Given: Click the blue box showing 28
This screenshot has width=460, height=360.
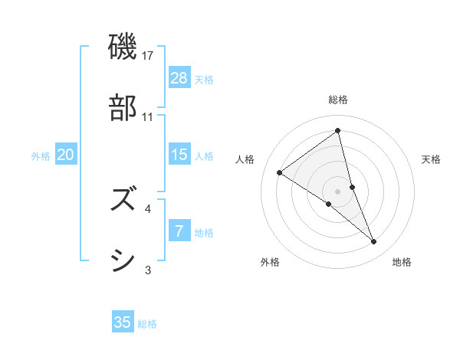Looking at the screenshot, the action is [x=179, y=78].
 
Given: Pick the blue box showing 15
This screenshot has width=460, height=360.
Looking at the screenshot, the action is [x=179, y=155].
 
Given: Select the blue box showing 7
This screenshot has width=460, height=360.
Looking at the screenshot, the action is [x=179, y=231].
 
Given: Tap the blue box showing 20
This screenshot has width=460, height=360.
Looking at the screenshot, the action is [x=66, y=155].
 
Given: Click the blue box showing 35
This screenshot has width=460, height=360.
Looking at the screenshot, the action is [x=123, y=322].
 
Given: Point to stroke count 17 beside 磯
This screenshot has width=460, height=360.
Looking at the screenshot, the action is [x=149, y=55].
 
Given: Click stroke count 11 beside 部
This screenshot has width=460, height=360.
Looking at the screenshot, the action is [x=148, y=116].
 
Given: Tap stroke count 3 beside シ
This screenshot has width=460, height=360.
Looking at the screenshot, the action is [x=148, y=270].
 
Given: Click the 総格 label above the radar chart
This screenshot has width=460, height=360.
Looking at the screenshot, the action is [x=337, y=100].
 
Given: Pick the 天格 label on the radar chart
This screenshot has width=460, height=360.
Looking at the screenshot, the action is [x=431, y=159].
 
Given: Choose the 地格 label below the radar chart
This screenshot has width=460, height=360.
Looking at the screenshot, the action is [x=402, y=262].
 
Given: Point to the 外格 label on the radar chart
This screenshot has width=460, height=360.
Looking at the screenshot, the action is [x=270, y=262].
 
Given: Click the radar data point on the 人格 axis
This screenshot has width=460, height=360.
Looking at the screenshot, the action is [x=279, y=172].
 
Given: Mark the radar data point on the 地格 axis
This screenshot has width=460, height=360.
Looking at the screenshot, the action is [x=374, y=241].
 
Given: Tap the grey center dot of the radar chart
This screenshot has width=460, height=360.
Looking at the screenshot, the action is [x=337, y=191].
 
